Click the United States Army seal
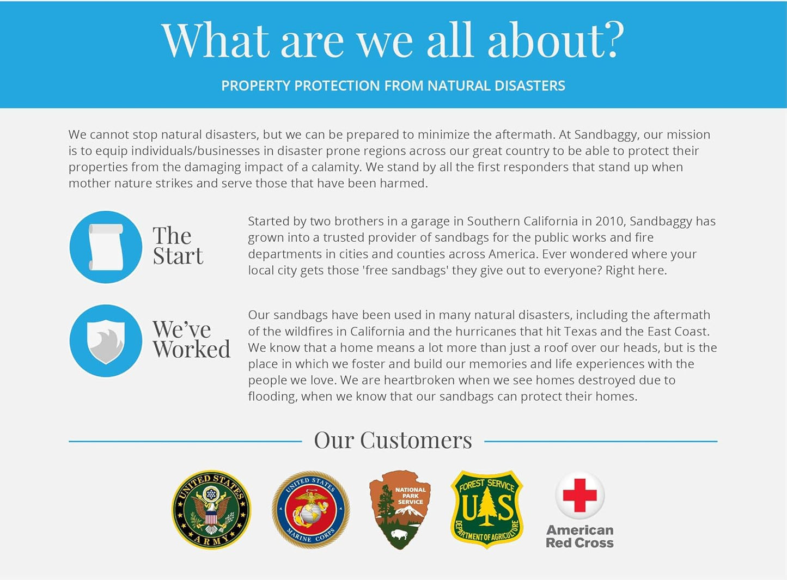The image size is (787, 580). (211, 509)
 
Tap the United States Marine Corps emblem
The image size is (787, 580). (310, 509)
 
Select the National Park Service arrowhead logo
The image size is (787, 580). (400, 510)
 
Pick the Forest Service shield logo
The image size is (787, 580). (486, 509)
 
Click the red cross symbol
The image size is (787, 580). (579, 496)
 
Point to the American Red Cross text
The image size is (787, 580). (579, 536)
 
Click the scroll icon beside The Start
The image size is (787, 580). (106, 247)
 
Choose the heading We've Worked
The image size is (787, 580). (192, 339)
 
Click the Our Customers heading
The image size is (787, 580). (393, 440)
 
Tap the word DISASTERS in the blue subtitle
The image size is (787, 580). (530, 86)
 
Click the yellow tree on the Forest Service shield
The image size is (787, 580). (486, 506)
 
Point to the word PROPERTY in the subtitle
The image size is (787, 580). (255, 86)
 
